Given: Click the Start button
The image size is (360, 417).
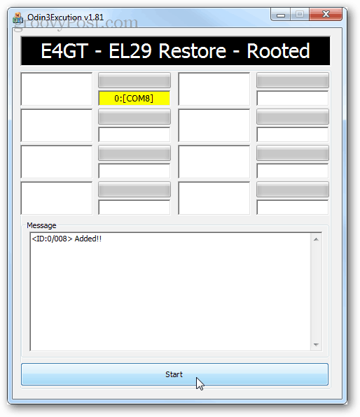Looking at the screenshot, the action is (174, 374).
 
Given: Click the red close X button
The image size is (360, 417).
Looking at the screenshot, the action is (326, 14).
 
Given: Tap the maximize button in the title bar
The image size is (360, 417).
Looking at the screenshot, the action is (300, 14).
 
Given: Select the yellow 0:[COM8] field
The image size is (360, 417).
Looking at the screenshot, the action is (134, 98).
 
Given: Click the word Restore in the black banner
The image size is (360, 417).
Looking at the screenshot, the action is (192, 51).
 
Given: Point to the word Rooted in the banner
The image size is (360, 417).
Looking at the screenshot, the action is (278, 51).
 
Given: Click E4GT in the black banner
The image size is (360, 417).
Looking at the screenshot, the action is (64, 51).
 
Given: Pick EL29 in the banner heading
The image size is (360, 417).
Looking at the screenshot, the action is (130, 51).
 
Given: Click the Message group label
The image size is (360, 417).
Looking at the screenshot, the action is (41, 225).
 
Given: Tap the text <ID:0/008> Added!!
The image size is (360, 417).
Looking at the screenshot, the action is (67, 239).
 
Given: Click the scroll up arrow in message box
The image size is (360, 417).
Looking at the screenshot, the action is (316, 239).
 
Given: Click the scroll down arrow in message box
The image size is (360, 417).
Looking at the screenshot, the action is (316, 345).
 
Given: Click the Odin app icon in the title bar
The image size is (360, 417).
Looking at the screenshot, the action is (18, 17).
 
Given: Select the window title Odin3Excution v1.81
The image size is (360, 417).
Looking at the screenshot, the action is (65, 17).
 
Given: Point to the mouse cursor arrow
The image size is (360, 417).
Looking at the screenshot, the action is (200, 383).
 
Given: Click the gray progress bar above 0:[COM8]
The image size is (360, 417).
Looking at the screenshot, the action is (134, 80).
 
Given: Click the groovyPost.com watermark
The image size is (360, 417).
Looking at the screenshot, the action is (76, 23).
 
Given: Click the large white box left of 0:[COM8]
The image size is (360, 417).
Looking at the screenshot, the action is (57, 89).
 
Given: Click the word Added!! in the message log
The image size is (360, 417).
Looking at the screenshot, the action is (88, 239).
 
